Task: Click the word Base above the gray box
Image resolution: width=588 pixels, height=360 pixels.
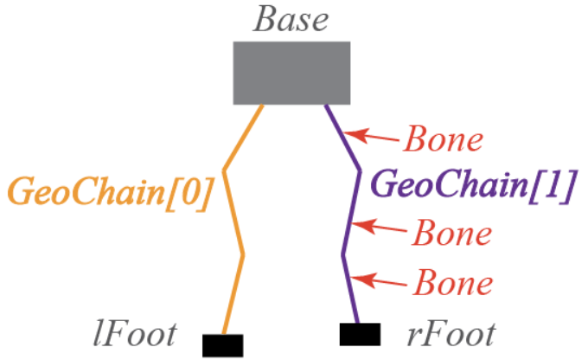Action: coord(291,19)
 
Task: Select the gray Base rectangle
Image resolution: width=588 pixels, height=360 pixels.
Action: coord(291,73)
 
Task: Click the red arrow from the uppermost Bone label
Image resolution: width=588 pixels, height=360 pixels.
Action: coord(371,135)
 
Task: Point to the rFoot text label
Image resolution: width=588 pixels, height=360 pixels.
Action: coord(444,332)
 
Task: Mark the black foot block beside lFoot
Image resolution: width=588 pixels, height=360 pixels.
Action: coord(222,344)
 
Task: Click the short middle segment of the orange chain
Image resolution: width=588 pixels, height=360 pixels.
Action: coord(233,212)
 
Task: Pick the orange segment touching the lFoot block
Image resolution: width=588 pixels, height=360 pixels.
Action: coord(233,294)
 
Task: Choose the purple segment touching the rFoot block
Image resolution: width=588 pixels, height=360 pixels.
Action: coord(350,290)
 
